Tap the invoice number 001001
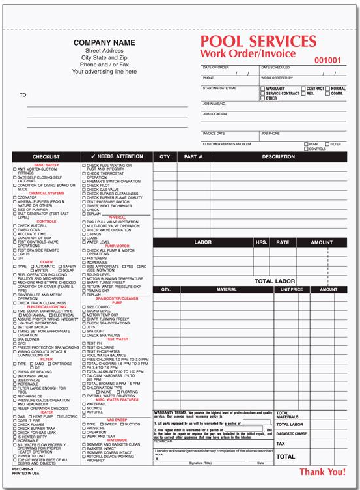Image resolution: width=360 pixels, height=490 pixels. (x=327, y=60)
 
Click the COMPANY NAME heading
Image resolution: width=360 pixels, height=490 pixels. (x=104, y=42)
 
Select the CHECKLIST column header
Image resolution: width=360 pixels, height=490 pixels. (x=46, y=157)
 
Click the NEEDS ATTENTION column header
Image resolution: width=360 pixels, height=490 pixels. (x=117, y=157)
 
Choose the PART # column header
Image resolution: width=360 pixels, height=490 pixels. (x=193, y=157)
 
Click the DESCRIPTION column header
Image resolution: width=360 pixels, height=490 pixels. (x=278, y=157)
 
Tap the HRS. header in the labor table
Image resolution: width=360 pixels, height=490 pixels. (x=261, y=242)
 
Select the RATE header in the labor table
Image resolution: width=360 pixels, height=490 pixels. (x=283, y=242)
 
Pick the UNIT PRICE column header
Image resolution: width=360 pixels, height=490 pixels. (x=292, y=289)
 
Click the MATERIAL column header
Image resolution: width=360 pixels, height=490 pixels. (x=226, y=289)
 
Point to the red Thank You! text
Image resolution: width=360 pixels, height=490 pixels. (x=322, y=472)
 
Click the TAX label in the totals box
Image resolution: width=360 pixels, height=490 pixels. (x=281, y=443)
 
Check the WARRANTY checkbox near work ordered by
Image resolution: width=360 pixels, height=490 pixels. (x=263, y=89)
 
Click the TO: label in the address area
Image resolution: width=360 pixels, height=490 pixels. (x=23, y=95)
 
